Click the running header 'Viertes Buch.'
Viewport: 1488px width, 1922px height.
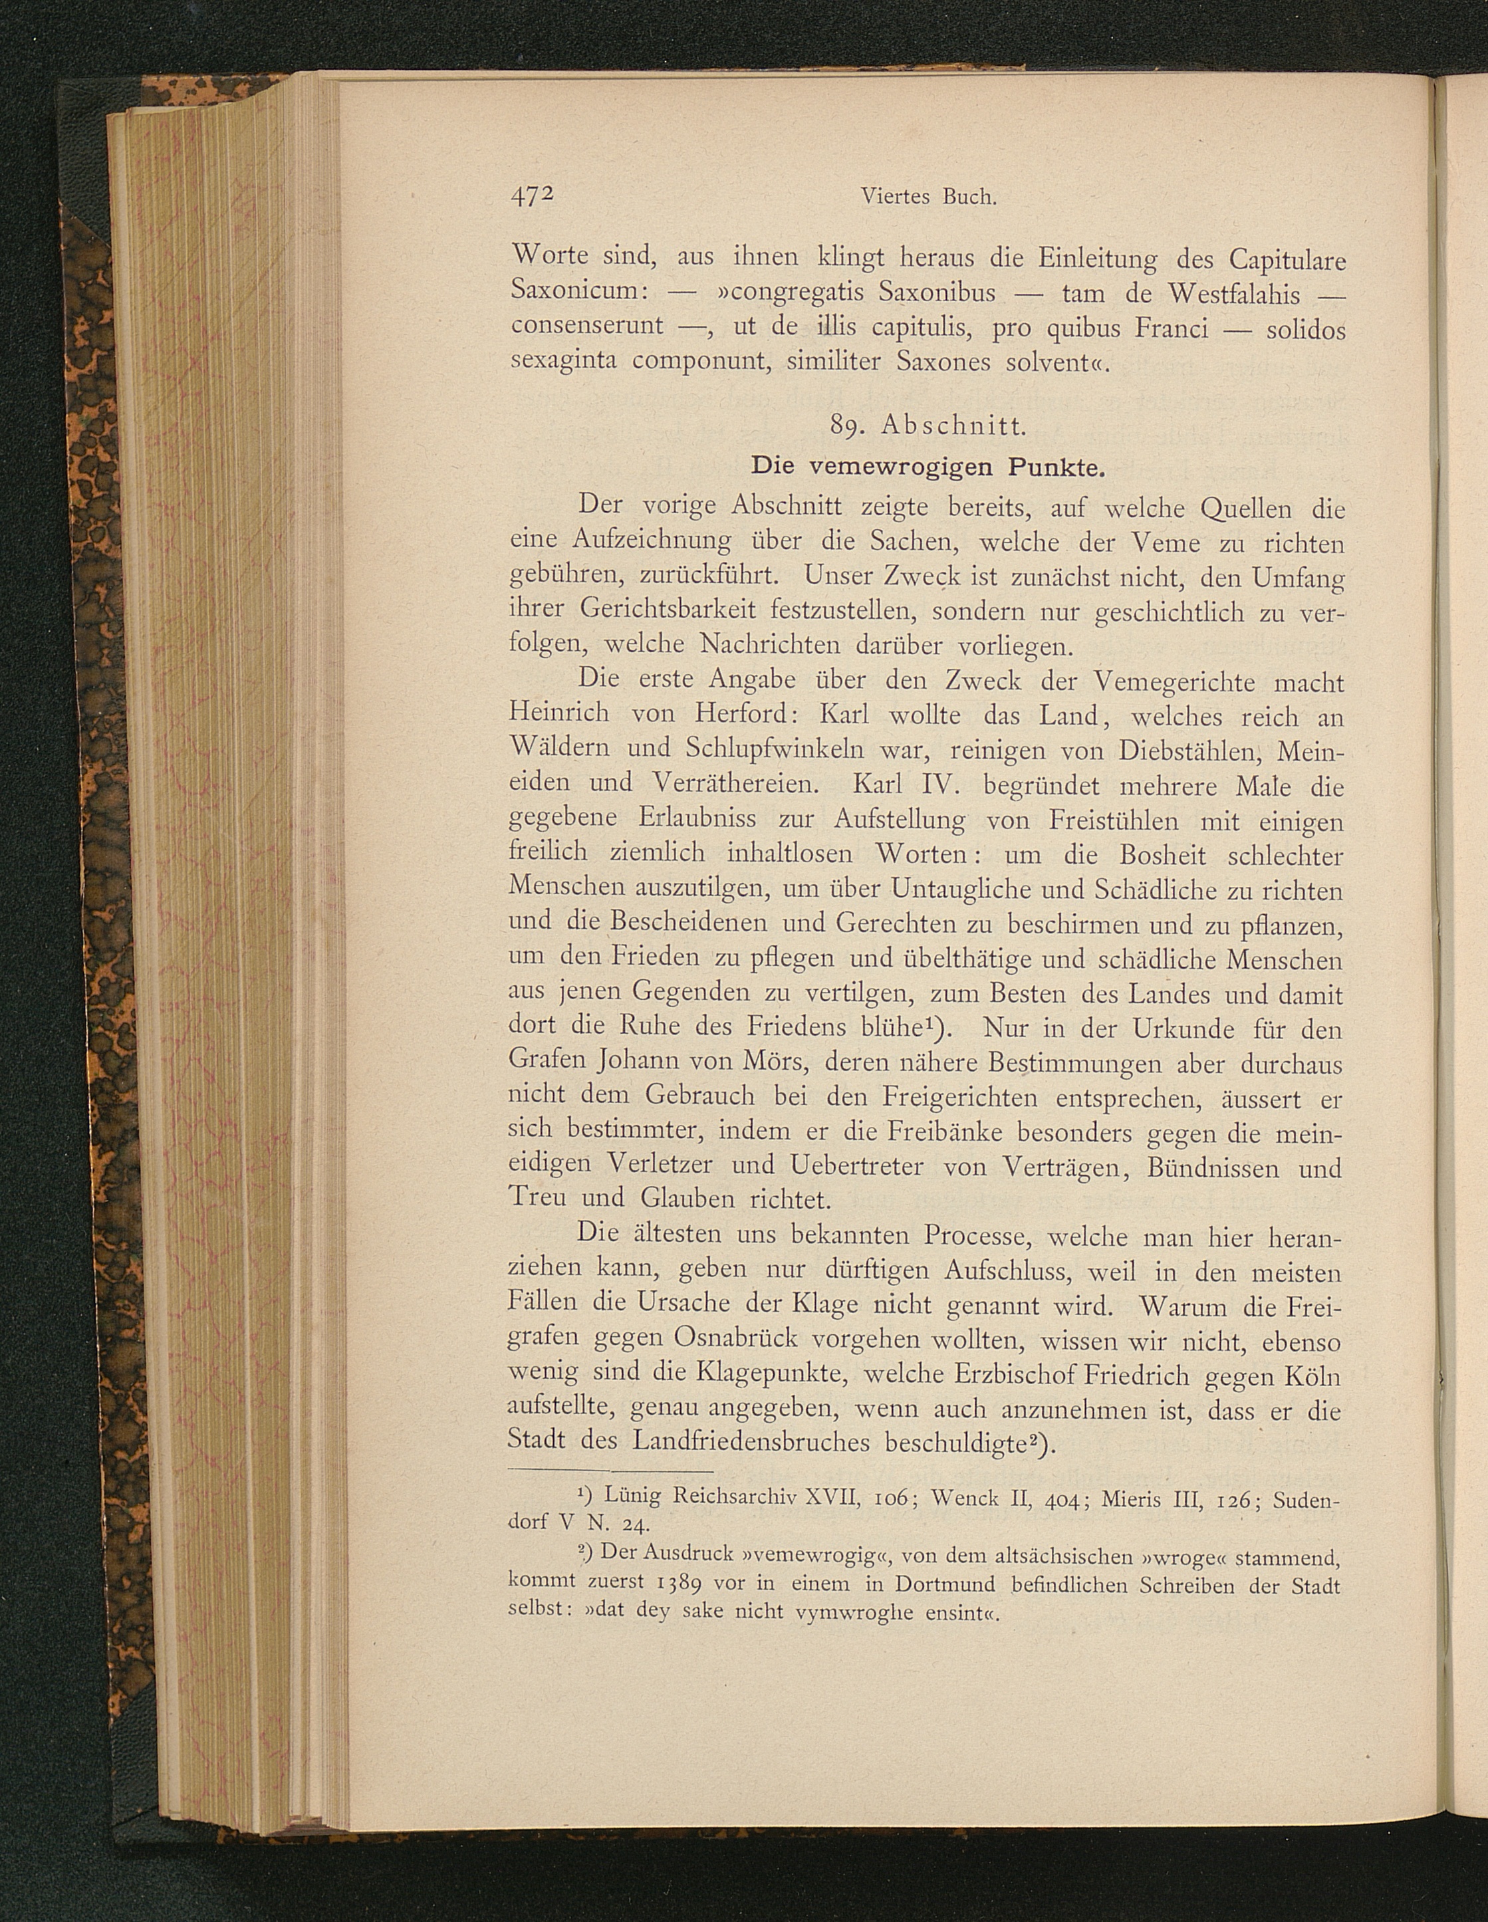point(928,197)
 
